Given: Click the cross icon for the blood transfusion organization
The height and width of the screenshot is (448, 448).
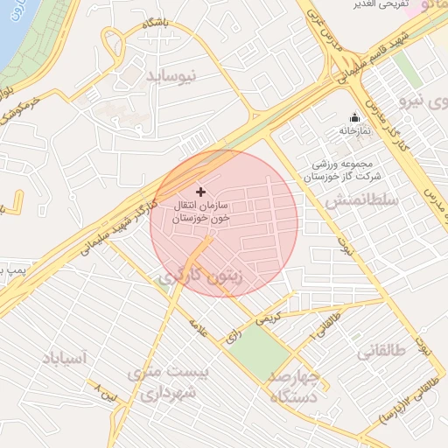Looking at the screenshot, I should [200, 191].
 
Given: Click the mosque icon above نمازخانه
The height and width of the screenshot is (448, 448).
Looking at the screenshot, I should [354, 118].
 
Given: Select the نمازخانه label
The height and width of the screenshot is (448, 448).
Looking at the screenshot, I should [355, 130].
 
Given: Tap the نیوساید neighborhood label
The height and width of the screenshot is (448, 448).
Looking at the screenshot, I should [178, 75].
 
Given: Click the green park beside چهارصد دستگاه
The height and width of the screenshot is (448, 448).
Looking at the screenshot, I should [260, 351].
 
